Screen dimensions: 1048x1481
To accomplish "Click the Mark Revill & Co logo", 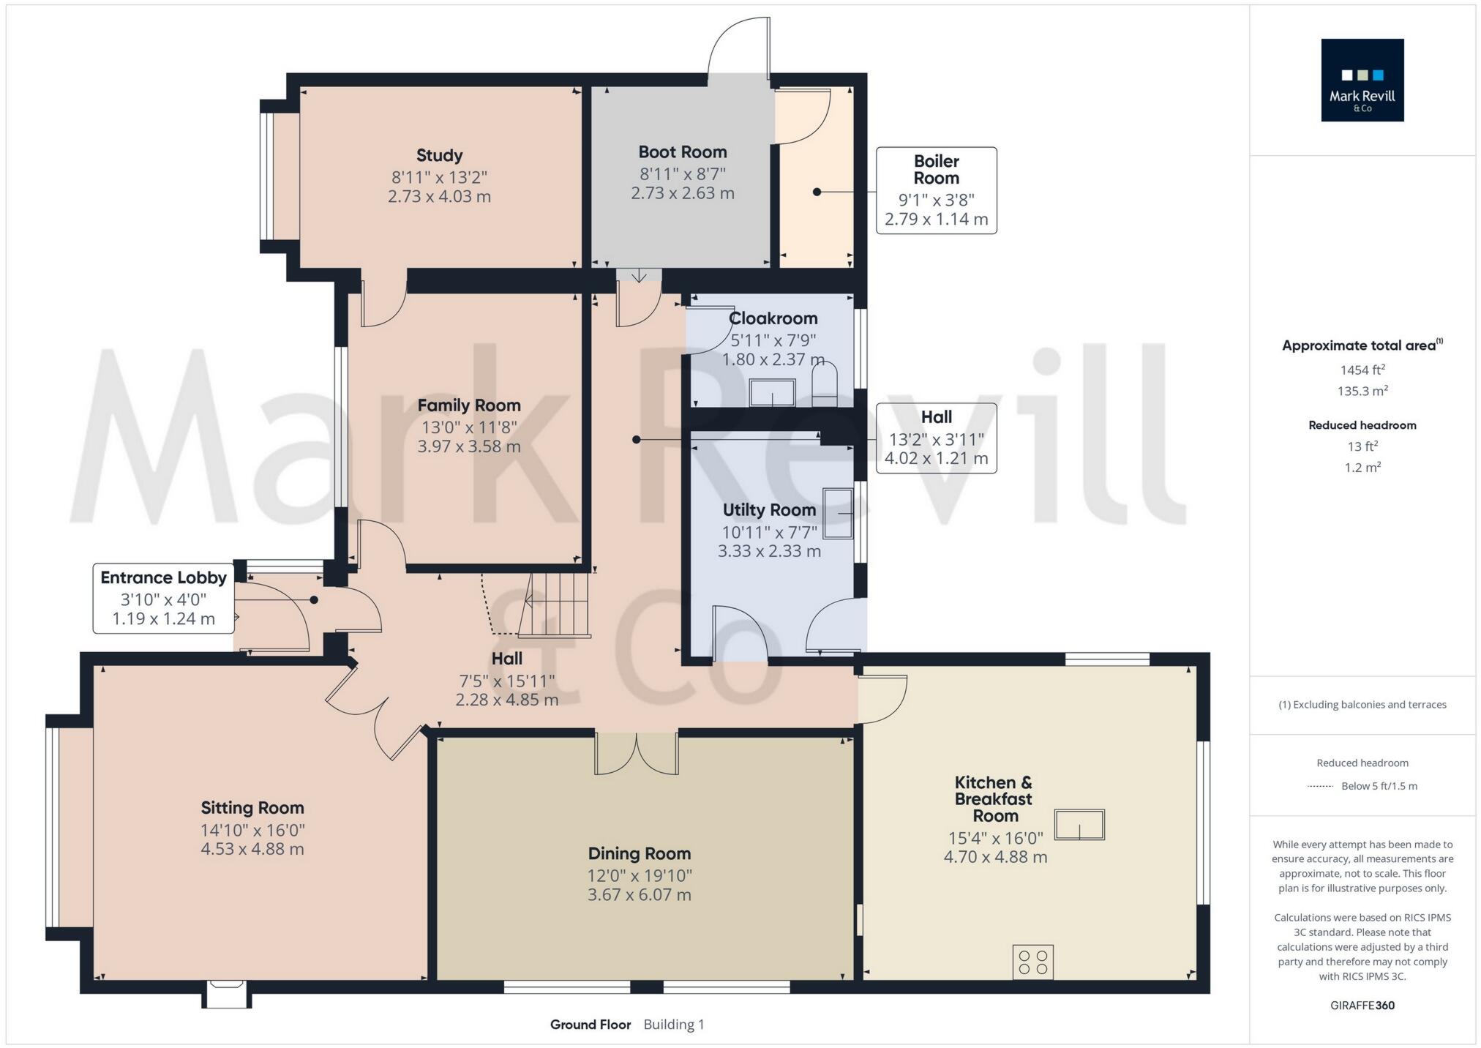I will (1362, 80).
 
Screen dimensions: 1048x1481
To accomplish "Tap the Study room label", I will (439, 155).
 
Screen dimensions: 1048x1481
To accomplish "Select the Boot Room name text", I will (682, 151).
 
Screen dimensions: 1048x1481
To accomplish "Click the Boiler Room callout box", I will (936, 190).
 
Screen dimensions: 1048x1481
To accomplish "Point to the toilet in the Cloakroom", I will (825, 386).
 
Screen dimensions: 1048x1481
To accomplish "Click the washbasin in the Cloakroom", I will (772, 393).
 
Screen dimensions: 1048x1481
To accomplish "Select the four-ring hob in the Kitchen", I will (1032, 962).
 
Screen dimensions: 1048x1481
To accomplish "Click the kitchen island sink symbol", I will (1079, 825).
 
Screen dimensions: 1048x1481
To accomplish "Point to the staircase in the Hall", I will (558, 604).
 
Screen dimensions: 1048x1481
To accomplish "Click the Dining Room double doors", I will (636, 753).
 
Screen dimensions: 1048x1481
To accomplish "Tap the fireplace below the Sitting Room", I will (226, 995).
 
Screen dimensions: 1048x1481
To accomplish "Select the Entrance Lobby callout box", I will (163, 598).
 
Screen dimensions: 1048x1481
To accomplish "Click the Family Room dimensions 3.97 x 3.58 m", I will (468, 446).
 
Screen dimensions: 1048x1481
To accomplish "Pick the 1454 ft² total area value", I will (1362, 370).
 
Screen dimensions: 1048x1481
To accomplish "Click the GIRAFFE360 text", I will (1362, 1005).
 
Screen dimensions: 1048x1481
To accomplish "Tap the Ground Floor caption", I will (590, 1025).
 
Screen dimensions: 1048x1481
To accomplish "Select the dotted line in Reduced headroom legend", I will (1320, 786).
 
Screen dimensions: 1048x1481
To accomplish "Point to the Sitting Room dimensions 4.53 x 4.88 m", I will (252, 849).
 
